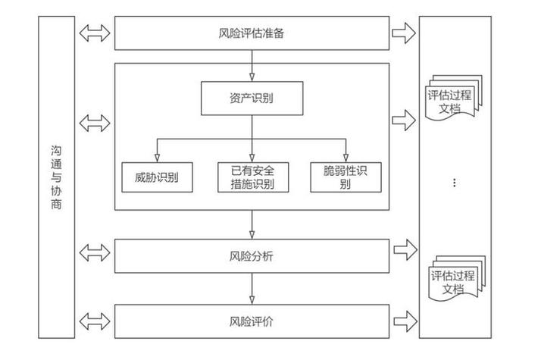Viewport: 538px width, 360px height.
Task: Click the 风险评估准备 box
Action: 251,33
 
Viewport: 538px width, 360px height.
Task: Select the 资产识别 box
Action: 251,98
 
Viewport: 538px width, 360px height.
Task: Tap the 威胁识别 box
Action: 157,177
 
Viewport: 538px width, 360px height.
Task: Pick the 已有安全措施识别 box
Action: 252,177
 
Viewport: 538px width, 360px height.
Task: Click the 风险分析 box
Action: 251,256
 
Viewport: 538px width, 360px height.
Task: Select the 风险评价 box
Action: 251,321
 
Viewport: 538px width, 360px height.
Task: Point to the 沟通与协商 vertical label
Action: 57,182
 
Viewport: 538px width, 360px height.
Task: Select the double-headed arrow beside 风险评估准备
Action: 95,33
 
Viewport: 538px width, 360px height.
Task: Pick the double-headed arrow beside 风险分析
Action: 95,251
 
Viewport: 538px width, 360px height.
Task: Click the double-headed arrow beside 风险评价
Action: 95,318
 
